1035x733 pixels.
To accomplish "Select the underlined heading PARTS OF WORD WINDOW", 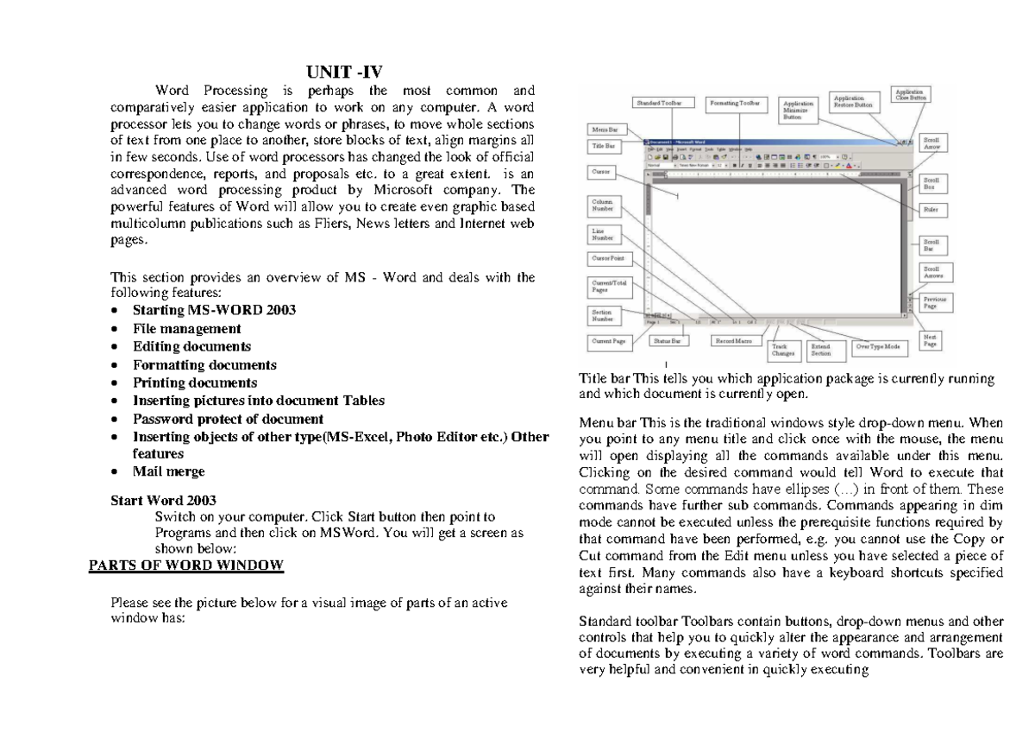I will pos(186,566).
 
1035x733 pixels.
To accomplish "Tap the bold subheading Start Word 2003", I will pos(164,501).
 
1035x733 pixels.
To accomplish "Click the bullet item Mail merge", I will pos(168,471).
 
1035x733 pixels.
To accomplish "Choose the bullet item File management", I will pos(186,329).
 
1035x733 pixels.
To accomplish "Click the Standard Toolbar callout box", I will pos(660,104).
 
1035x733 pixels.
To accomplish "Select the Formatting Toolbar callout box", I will pos(736,104).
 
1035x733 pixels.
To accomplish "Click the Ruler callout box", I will pos(931,210).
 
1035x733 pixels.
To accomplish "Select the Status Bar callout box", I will pos(667,342).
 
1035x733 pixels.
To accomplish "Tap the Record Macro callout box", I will pos(734,342).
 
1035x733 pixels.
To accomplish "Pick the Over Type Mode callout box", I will pos(878,347).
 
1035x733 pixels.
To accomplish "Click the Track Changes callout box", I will pos(783,350).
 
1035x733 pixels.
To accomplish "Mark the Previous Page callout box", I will pos(934,303).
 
